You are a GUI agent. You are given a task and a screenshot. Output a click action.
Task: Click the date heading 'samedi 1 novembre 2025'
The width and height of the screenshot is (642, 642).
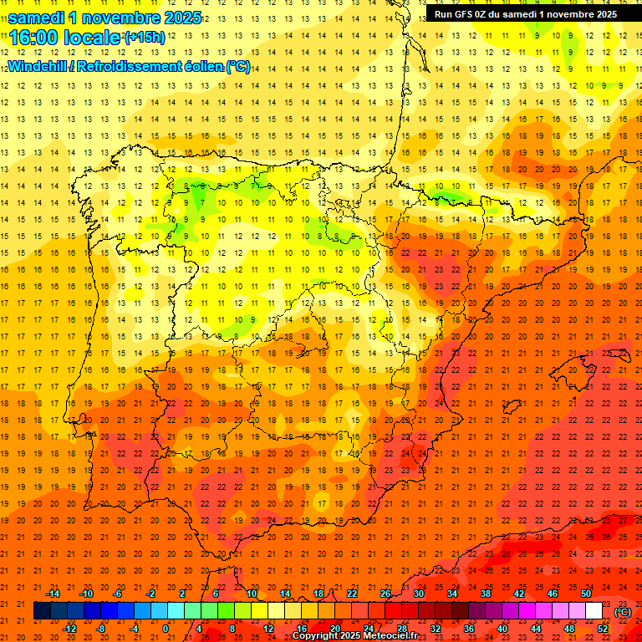pos(104,18)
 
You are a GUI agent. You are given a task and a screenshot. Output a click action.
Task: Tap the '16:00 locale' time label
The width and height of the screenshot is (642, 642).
pos(65,38)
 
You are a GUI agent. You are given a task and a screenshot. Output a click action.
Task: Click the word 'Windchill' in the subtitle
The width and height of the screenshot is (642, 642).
pos(37,67)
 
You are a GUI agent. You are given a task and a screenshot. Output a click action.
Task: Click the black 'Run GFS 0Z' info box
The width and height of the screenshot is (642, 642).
pos(526,13)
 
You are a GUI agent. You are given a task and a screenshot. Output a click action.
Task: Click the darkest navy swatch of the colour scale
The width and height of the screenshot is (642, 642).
pos(42,611)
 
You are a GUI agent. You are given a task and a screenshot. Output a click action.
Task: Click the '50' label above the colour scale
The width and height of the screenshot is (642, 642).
pos(586,594)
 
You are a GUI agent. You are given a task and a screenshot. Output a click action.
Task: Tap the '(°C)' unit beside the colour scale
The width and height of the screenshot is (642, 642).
pos(623,611)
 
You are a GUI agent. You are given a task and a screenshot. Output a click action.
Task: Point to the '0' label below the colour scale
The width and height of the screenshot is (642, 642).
pos(166,629)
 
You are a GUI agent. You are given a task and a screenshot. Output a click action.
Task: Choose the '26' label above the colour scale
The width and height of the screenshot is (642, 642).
pos(385,594)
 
